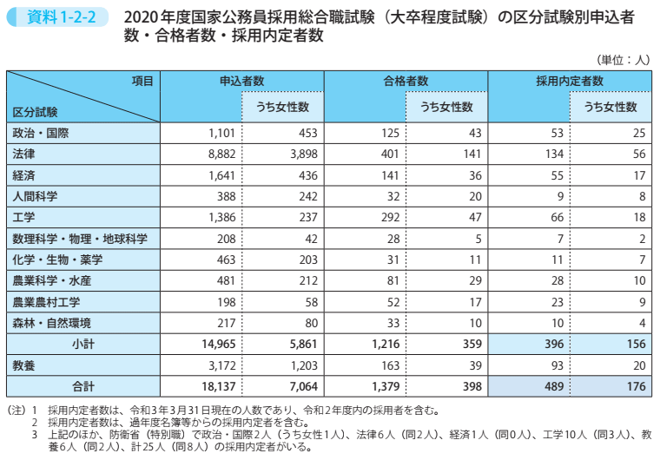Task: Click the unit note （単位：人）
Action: [x=624, y=60]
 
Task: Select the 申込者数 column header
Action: [x=242, y=81]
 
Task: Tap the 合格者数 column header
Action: [x=406, y=81]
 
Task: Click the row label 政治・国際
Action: [x=41, y=133]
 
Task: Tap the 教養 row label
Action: [x=24, y=365]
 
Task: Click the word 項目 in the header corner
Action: [x=142, y=81]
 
